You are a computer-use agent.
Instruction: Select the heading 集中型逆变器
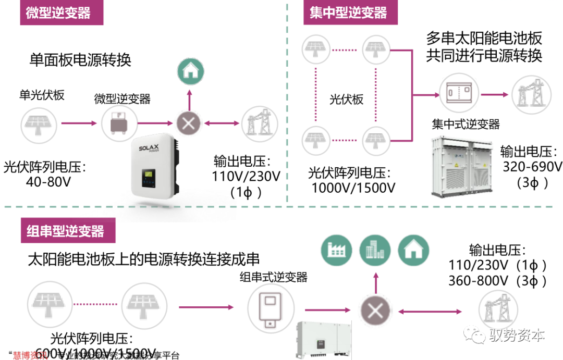coord(348,13)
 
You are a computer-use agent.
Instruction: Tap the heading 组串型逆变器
coord(65,231)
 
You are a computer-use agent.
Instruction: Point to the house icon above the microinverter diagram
coord(189,72)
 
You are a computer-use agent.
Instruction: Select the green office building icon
coord(374,249)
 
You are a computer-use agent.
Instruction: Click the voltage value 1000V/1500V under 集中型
coord(353,187)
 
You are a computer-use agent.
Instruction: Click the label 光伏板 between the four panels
coord(346,99)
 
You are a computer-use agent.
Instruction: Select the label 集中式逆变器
coord(466,124)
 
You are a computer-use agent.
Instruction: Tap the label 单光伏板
coord(42,95)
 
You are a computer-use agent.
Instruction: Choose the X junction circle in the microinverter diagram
coord(189,123)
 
